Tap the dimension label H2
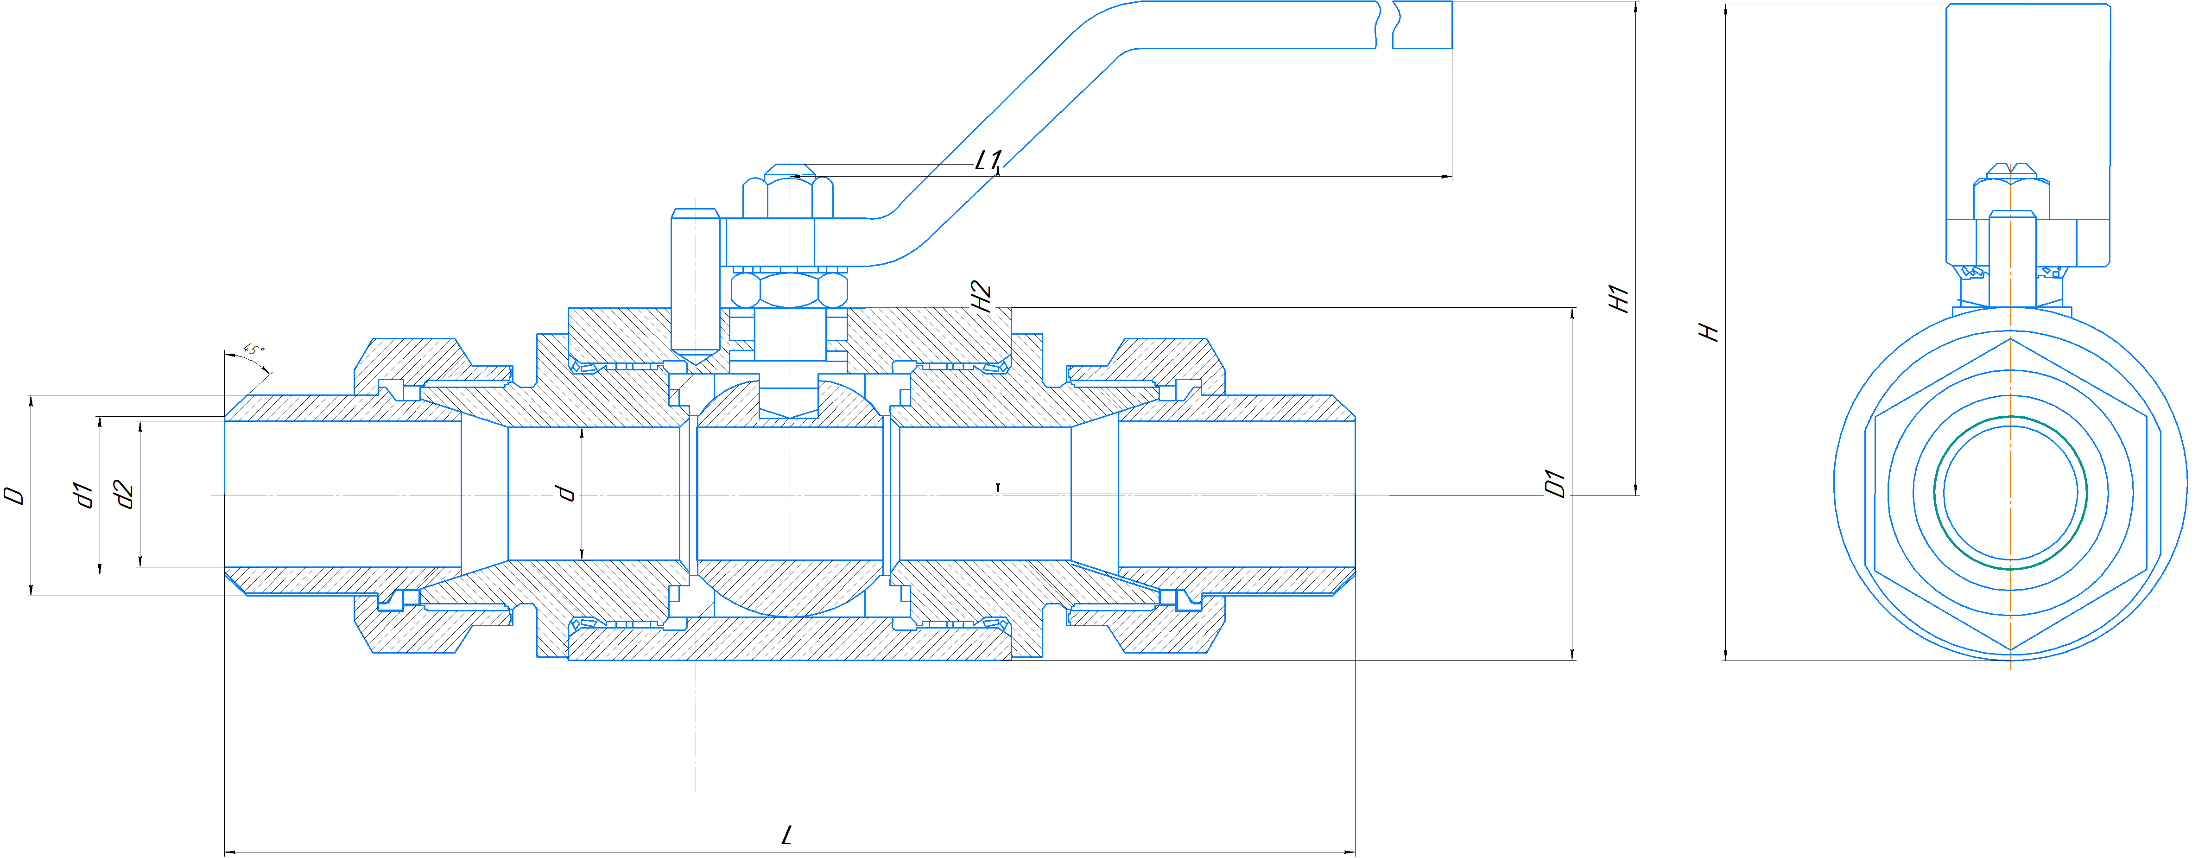(981, 296)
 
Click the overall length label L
(787, 835)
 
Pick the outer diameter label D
(14, 496)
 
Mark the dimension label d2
(125, 495)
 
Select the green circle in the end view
(2010, 417)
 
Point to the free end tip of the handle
(1451, 25)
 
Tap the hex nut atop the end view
(2011, 199)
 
